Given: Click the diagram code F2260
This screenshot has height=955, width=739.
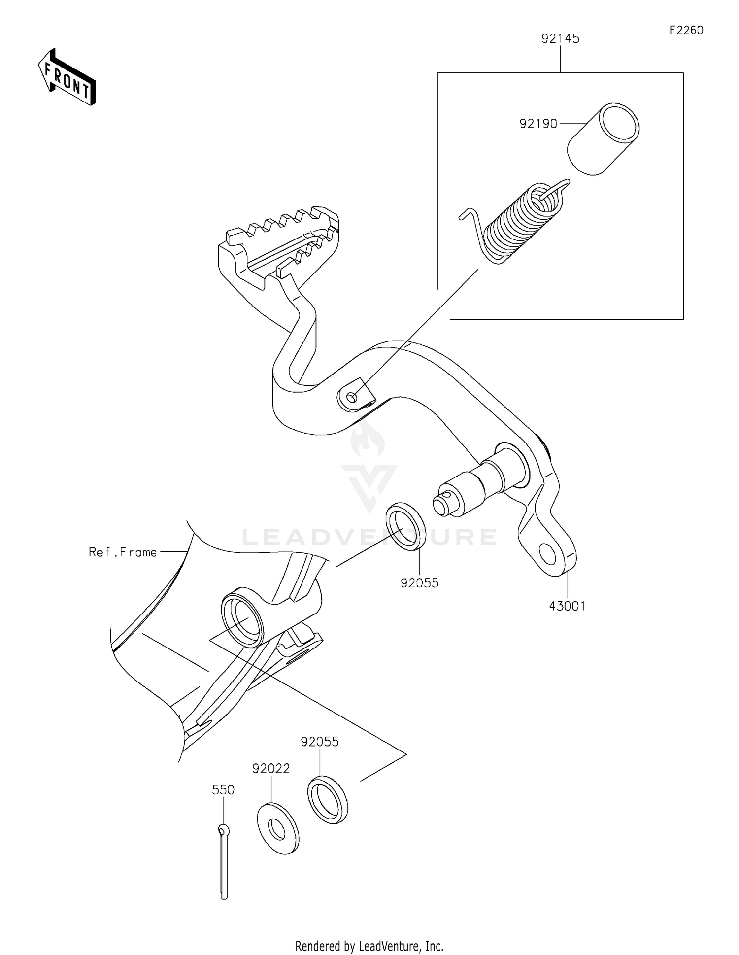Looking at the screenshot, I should click(x=686, y=30).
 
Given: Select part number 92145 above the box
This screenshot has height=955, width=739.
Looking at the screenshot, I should click(x=560, y=38).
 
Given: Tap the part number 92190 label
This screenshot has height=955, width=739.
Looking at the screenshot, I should click(x=538, y=124).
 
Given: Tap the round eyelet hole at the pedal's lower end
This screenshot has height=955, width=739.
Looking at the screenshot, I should click(x=548, y=554).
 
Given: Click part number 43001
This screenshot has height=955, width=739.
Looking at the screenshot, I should click(x=567, y=606).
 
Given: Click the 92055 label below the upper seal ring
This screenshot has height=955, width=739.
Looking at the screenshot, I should click(x=419, y=583).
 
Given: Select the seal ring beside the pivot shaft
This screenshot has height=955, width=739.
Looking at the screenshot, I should click(x=406, y=526).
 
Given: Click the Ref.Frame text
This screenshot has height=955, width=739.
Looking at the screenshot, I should click(x=123, y=552).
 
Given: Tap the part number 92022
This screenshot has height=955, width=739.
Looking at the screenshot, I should click(x=271, y=768).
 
